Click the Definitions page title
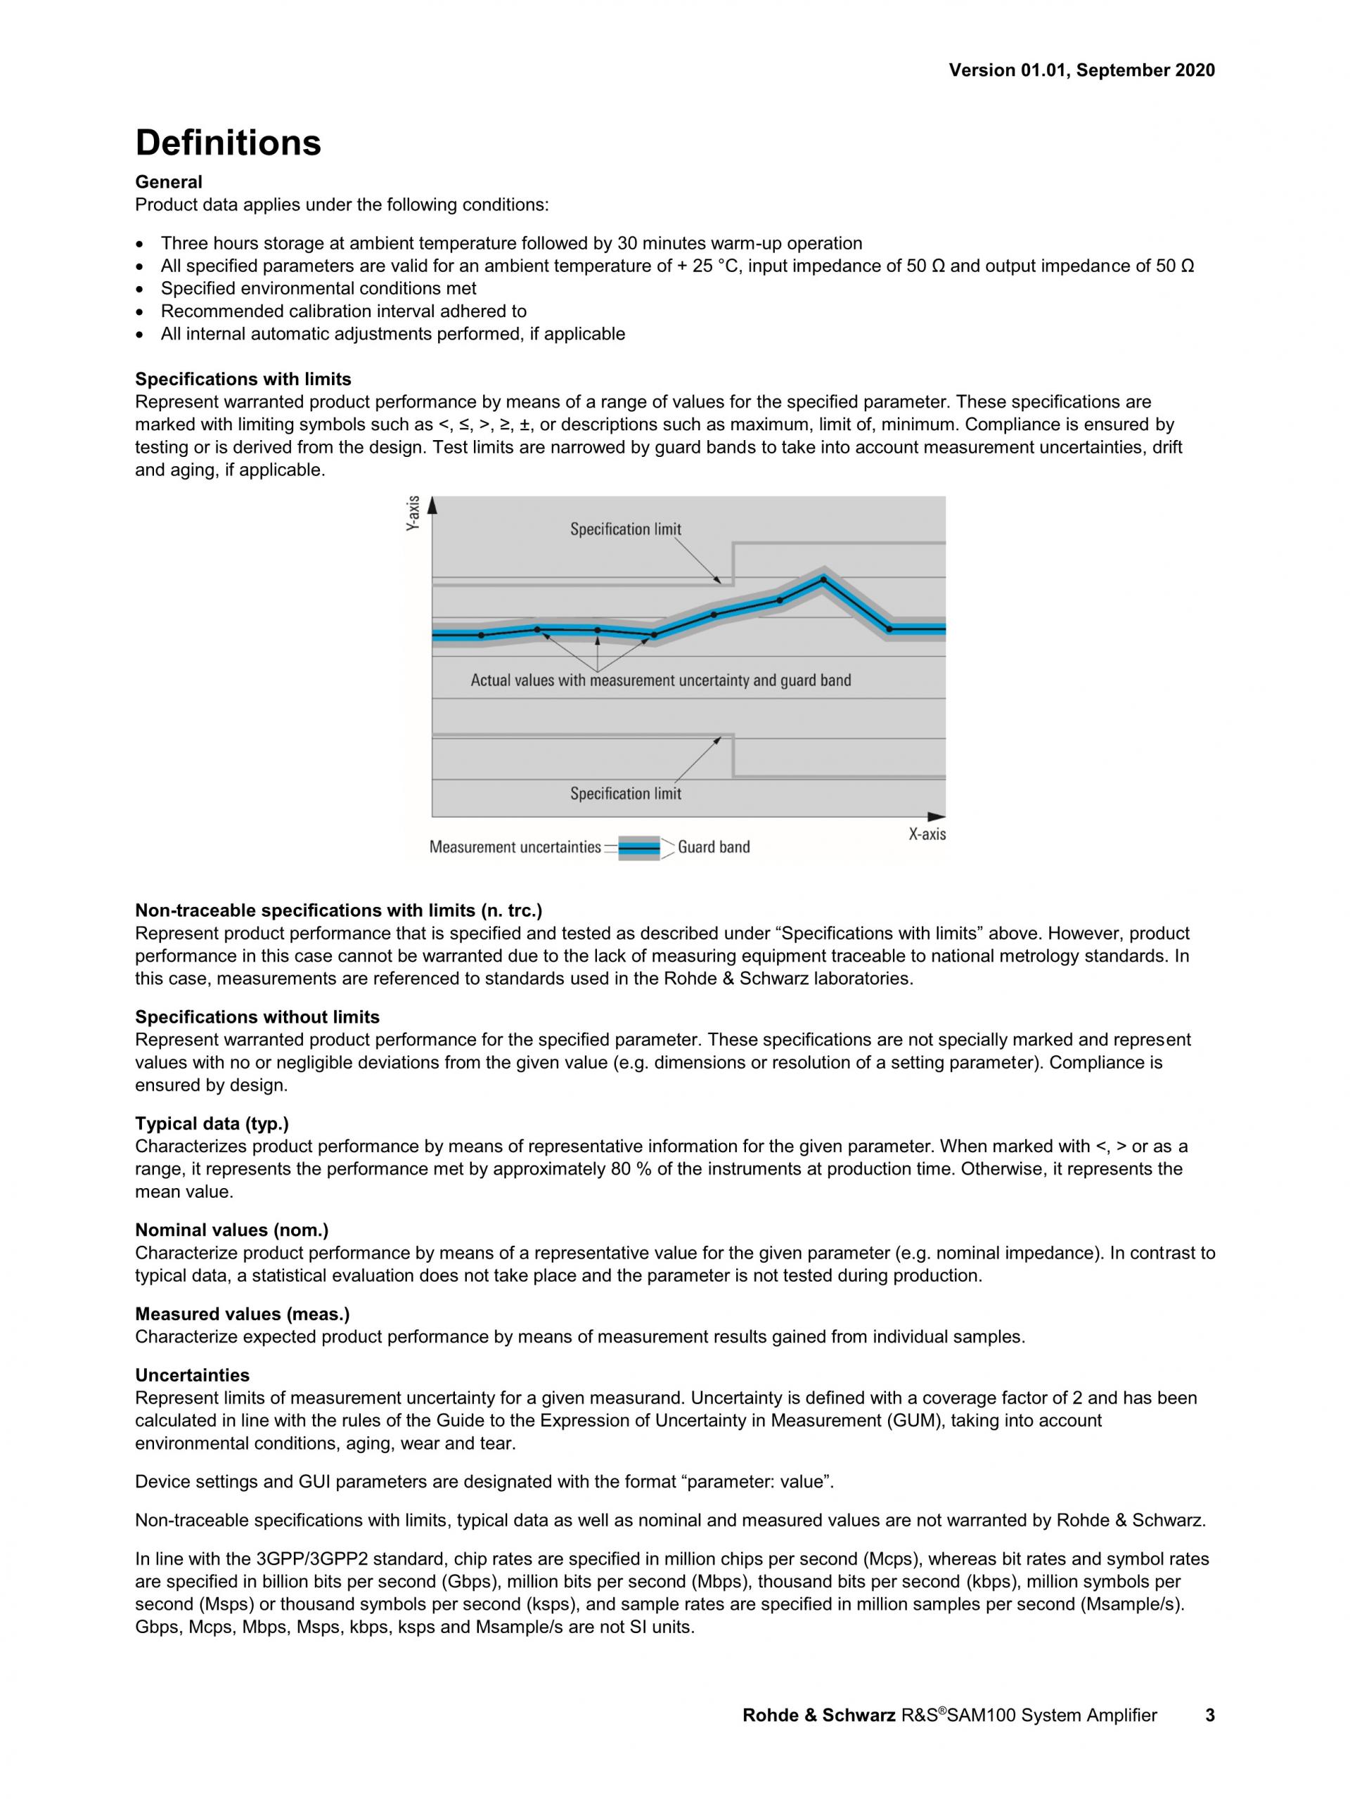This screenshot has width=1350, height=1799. [x=228, y=143]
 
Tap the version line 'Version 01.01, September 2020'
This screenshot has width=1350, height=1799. [x=1081, y=71]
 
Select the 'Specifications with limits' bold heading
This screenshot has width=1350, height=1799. [x=243, y=379]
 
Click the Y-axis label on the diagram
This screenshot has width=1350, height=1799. [x=413, y=514]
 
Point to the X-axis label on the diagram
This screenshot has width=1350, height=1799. [x=927, y=834]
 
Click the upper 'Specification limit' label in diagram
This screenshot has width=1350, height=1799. [x=625, y=529]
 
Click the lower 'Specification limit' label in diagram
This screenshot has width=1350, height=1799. [x=625, y=794]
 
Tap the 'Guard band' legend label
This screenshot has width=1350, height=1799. [x=713, y=847]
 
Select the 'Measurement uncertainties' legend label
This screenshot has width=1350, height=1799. [x=515, y=847]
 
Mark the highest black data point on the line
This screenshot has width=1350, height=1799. [x=823, y=580]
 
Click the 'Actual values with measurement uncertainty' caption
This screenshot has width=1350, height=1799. [x=660, y=681]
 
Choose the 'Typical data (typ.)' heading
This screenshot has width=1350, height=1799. [x=212, y=1124]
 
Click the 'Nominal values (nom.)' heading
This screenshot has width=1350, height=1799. [x=232, y=1230]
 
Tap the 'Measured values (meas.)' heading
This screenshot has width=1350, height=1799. [x=243, y=1315]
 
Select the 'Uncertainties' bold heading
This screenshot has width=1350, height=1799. [x=192, y=1375]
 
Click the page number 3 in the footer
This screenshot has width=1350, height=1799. [x=1210, y=1716]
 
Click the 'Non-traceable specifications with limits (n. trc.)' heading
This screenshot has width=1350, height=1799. [x=338, y=911]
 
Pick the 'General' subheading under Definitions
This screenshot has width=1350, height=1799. [x=168, y=182]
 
